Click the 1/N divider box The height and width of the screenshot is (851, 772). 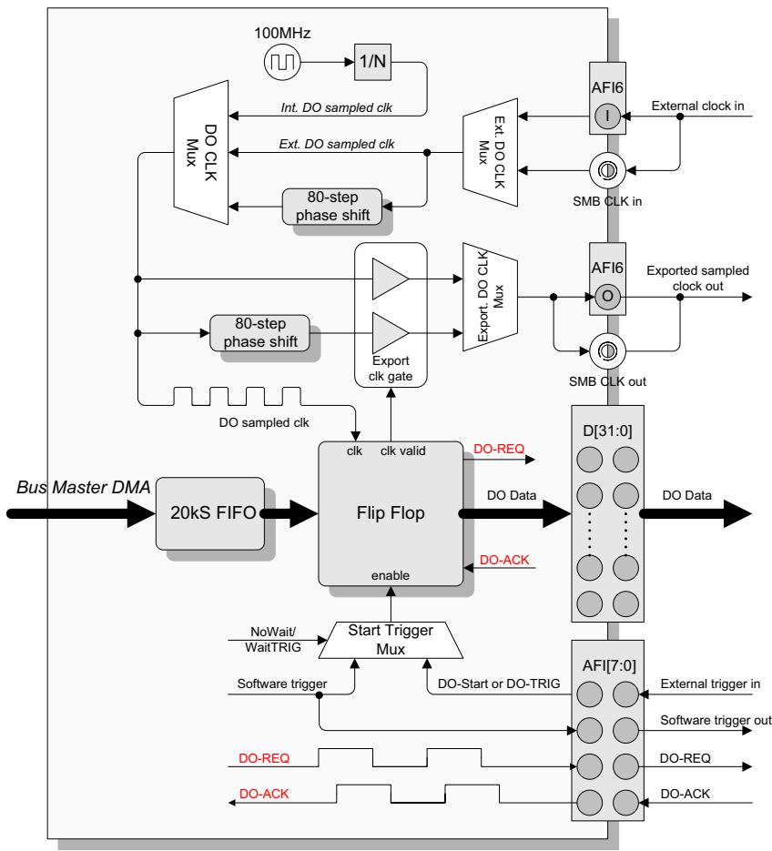[372, 62]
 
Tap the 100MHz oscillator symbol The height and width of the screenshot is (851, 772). [282, 62]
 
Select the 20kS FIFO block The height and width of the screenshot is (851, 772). [210, 513]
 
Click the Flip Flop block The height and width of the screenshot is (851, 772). [391, 513]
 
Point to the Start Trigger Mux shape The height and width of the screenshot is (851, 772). [391, 640]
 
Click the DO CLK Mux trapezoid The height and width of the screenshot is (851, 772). [201, 153]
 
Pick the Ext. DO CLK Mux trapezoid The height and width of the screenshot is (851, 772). [490, 153]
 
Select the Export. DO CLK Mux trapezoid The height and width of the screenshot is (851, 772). [490, 297]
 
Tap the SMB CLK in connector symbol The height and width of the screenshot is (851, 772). [607, 170]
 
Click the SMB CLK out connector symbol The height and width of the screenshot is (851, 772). [607, 351]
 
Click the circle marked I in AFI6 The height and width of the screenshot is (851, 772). [607, 116]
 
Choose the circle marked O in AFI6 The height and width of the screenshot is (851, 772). [607, 297]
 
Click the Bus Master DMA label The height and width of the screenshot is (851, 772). [83, 487]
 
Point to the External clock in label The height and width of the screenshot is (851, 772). [697, 106]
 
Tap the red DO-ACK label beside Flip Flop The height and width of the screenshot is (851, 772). [504, 560]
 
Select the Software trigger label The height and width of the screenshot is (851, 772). [282, 684]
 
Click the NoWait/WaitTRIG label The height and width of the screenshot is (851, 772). [272, 639]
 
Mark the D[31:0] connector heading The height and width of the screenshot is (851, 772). [607, 431]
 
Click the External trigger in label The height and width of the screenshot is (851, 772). [710, 684]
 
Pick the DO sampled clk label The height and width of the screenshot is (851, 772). [264, 422]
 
